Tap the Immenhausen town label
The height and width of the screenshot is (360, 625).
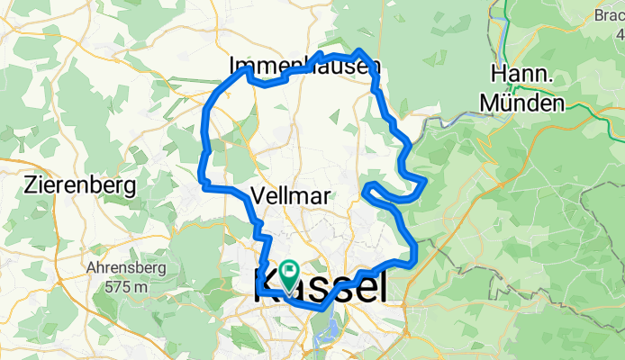pos(304,66)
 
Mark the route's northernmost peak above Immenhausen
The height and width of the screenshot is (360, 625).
pos(359,51)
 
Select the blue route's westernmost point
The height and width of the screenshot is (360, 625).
pos(201,167)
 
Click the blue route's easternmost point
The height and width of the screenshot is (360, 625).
pos(424,180)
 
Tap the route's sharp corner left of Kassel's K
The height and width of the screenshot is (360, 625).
pos(258,286)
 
